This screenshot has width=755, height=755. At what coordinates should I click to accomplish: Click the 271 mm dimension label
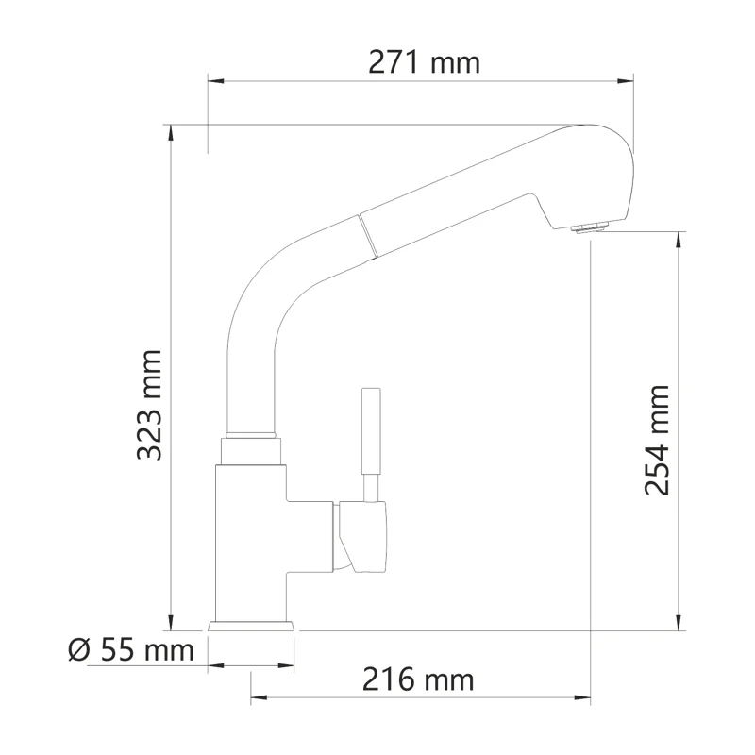[423, 63]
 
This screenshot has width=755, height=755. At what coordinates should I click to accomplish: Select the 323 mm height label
[149, 405]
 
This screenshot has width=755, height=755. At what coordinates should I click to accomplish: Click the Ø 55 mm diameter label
[131, 649]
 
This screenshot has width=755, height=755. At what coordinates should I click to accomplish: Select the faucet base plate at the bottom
[251, 626]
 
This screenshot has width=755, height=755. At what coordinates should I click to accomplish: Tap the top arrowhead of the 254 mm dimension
[679, 239]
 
